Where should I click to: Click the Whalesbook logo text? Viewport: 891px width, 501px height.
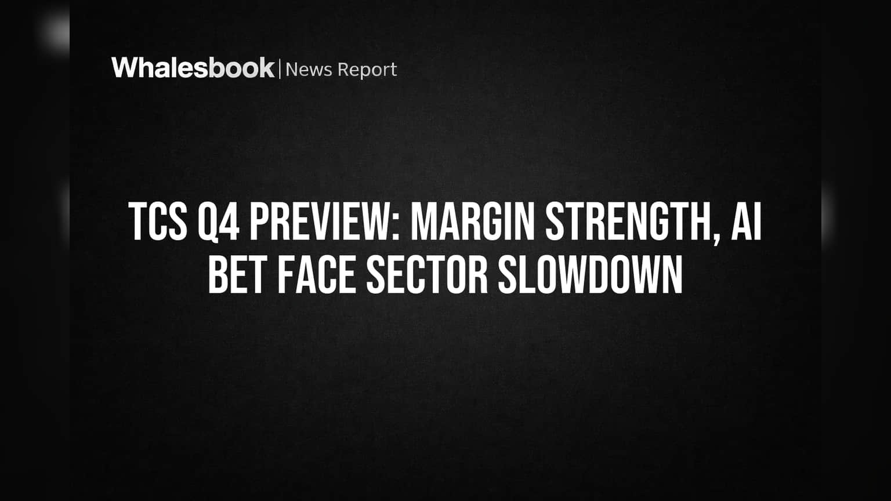[193, 68]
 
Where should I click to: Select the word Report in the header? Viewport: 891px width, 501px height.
[368, 70]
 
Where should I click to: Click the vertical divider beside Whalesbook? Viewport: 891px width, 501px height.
[280, 69]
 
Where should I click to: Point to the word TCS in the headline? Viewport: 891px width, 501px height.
[158, 222]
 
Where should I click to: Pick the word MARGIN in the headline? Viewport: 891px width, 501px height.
[472, 222]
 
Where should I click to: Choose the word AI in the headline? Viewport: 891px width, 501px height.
[746, 222]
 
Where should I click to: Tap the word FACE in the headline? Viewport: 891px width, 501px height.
[316, 274]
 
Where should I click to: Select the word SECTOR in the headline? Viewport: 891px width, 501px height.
[427, 274]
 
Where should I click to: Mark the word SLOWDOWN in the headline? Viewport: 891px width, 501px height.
[591, 274]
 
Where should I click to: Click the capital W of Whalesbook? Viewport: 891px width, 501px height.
[125, 68]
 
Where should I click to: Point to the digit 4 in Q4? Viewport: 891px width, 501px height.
[230, 222]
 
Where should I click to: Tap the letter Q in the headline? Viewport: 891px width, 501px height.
[208, 223]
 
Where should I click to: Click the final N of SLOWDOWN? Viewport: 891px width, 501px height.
[672, 274]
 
